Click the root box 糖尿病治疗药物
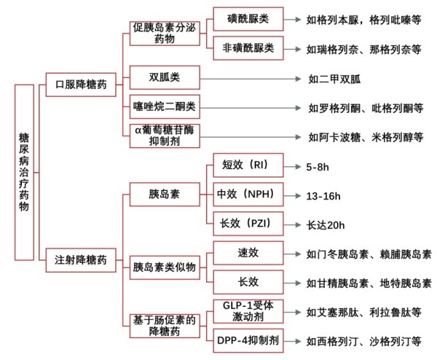point(24,172)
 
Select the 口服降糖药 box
point(81,85)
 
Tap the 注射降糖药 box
point(81,260)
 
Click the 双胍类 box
point(165,77)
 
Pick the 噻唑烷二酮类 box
point(165,106)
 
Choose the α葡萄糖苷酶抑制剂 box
point(165,136)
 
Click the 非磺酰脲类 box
point(248,48)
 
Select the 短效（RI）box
point(248,165)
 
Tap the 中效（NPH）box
point(248,195)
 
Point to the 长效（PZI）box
point(248,224)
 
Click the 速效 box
point(248,253)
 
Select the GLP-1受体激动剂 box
point(248,311)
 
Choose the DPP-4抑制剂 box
point(248,340)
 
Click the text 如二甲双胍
point(334,79)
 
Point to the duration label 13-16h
point(323,196)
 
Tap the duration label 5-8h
point(318,167)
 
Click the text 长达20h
point(326,225)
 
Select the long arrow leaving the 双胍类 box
point(251,79)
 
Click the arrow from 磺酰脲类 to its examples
point(292,20)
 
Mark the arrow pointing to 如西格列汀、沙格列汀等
point(292,341)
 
